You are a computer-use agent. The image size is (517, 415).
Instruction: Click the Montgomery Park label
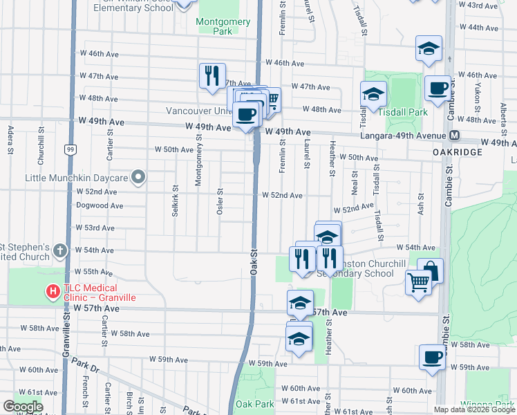223,26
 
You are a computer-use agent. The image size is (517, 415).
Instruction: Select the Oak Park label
254,404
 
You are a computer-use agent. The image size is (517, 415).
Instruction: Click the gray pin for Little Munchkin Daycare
138,178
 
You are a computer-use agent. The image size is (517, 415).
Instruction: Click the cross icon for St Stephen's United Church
60,250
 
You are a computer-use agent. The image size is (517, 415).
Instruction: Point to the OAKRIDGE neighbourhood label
456,151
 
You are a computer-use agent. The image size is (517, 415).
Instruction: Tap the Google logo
23,407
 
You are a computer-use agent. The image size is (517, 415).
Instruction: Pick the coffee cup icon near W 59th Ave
433,357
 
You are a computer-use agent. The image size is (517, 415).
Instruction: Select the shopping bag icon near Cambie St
430,270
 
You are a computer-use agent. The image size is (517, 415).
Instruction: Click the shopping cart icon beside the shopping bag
418,282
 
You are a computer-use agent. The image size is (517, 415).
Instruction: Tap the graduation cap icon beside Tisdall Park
373,94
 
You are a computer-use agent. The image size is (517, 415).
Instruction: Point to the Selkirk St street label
175,200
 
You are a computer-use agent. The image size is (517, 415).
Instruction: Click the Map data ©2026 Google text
474,409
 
